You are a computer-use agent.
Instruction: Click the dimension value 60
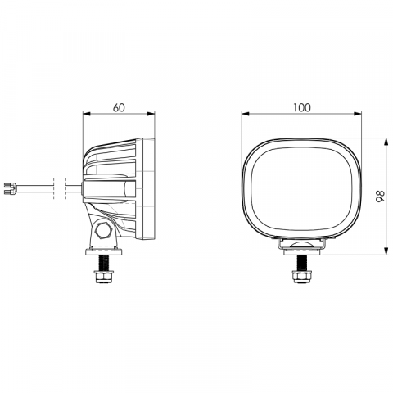[x=119, y=108]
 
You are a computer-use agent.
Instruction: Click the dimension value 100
[x=302, y=108]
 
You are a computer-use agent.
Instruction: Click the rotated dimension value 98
[x=380, y=196]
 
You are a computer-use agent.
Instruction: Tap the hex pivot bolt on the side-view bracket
[x=102, y=231]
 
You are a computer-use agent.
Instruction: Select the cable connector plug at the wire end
[x=11, y=189]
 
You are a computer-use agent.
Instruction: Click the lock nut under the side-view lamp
[x=104, y=276]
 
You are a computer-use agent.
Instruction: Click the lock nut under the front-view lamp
[x=301, y=276]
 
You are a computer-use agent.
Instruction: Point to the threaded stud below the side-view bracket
[x=104, y=263]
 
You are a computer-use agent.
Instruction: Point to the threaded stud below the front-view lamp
[x=301, y=263]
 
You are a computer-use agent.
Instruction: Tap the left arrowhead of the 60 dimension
[x=86, y=114]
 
